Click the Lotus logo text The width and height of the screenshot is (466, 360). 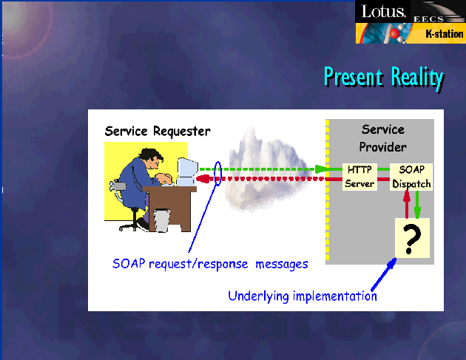point(383,11)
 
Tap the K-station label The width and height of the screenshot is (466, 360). point(445,34)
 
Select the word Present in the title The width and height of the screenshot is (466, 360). point(353,77)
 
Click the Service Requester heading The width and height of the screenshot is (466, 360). point(158,131)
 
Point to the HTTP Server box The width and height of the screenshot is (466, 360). point(359,177)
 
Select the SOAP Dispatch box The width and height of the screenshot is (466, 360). point(411,177)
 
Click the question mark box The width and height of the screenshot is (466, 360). point(412,238)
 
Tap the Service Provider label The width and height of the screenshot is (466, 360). point(383,138)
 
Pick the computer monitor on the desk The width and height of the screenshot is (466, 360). point(187,171)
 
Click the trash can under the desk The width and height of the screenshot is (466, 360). point(162,220)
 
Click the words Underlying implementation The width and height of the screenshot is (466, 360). point(303,296)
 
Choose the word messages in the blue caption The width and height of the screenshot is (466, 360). point(282,264)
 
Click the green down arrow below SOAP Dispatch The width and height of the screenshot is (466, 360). point(417,205)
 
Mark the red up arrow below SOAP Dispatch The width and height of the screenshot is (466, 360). point(407,205)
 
